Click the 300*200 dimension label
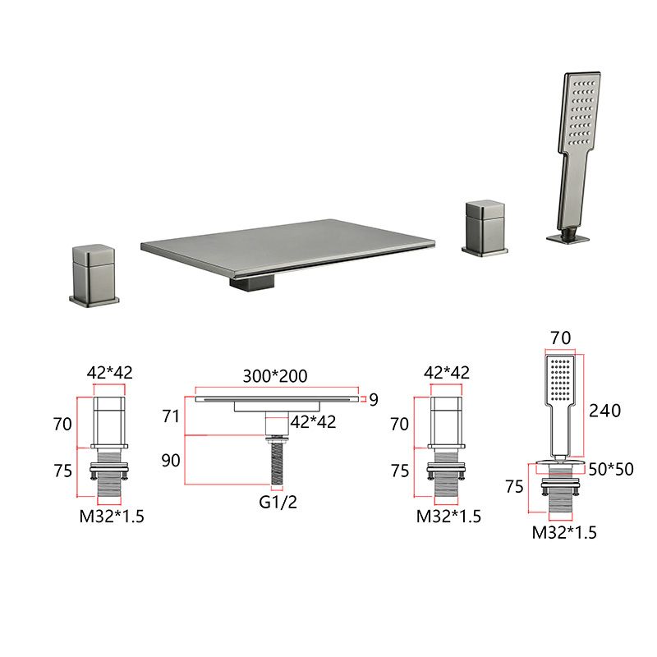coord(275,376)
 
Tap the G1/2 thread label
coord(278,502)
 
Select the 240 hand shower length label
coord(604,411)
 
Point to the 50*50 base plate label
coord(611,469)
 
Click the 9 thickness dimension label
coord(374,400)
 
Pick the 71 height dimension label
coord(171,416)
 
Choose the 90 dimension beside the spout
coord(171,461)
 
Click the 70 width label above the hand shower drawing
coord(560,338)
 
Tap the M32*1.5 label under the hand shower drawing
coord(564,532)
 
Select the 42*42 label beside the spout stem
coord(313,422)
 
